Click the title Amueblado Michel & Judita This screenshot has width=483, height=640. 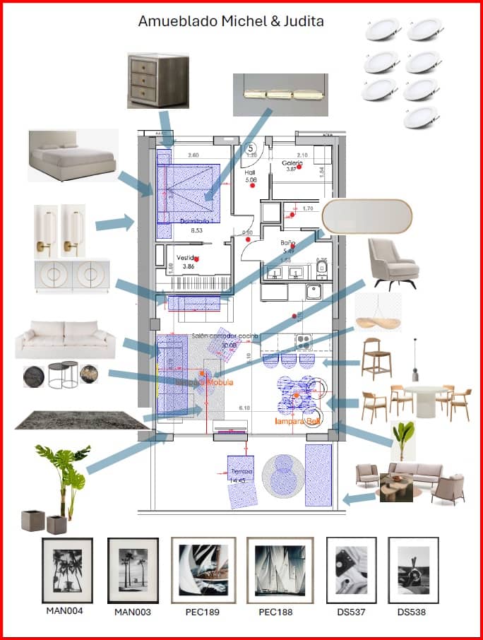pos(231,21)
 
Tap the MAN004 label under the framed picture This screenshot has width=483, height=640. pos(64,611)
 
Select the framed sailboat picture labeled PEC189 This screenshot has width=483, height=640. pos(203,570)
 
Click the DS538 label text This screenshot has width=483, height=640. pos(412,612)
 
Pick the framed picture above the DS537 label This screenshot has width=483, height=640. pos(351,570)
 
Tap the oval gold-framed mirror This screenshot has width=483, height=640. pos(366,216)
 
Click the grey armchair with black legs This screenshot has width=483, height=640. pos(393,261)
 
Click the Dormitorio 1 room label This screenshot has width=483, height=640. pos(195,221)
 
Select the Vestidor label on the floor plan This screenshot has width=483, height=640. pos(187,258)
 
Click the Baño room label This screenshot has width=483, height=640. pos(288,242)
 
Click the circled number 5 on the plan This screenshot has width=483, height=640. pos(250,148)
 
